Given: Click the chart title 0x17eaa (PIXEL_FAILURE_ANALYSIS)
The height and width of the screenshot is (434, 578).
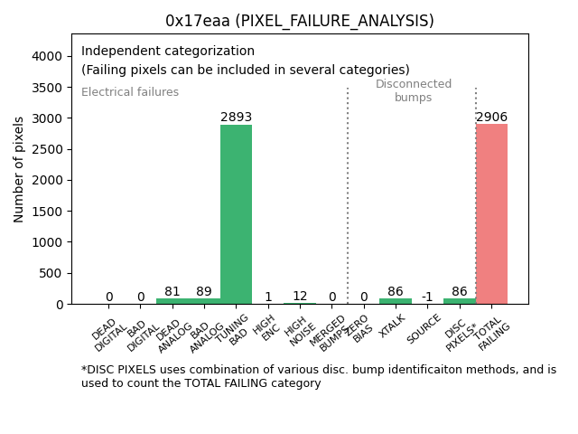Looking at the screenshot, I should pos(299,21).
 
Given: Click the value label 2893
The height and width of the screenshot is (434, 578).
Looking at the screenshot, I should pos(236,118).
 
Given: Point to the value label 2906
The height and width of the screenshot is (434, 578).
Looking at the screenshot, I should pos(491,117).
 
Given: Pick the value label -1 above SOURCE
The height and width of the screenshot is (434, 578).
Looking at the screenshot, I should pos(427,297).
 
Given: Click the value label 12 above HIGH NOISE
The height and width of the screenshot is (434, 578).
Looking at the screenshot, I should pos(300,296).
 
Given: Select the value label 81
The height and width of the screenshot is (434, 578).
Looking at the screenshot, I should pos(172,291).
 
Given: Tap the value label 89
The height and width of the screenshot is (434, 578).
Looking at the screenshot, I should pos(204,291).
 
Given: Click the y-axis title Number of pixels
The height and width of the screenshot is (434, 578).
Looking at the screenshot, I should pos(19,169).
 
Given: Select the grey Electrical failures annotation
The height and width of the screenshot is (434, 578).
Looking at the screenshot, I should pos(130,92).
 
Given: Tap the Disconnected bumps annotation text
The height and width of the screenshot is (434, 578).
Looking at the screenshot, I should pos(413,90).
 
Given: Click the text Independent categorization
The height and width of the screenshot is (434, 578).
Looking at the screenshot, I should pos(168,52).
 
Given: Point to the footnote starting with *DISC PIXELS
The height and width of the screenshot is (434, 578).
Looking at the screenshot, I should pos(318,376).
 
